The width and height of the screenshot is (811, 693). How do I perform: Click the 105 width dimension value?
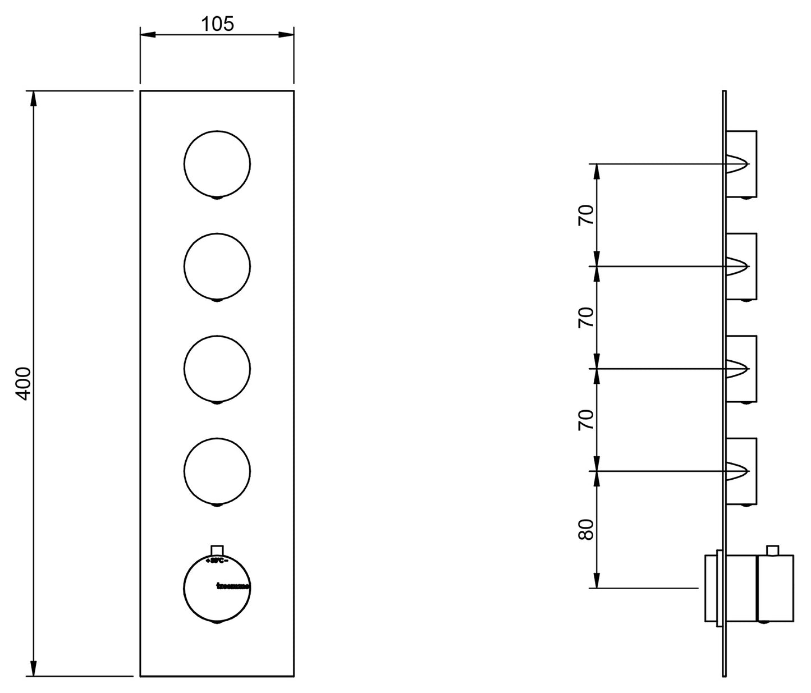point(217,24)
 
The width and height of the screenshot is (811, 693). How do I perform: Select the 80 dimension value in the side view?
point(585,529)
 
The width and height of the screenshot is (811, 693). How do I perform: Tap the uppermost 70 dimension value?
point(585,215)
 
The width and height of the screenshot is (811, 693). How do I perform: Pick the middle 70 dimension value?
point(585,318)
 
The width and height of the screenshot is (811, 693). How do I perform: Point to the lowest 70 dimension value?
point(585,420)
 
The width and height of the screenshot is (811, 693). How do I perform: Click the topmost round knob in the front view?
point(217,164)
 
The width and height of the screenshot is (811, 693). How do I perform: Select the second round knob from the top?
point(217,267)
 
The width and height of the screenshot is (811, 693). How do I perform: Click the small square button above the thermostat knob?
point(217,550)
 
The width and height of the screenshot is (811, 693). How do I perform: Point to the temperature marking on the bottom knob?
point(217,561)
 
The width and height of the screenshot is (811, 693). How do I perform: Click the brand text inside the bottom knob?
point(233,586)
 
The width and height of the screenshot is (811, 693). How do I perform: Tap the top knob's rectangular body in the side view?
point(742,164)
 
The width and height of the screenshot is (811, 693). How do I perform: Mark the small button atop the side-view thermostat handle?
point(773,550)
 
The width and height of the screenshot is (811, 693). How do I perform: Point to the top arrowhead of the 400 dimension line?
point(34,98)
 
